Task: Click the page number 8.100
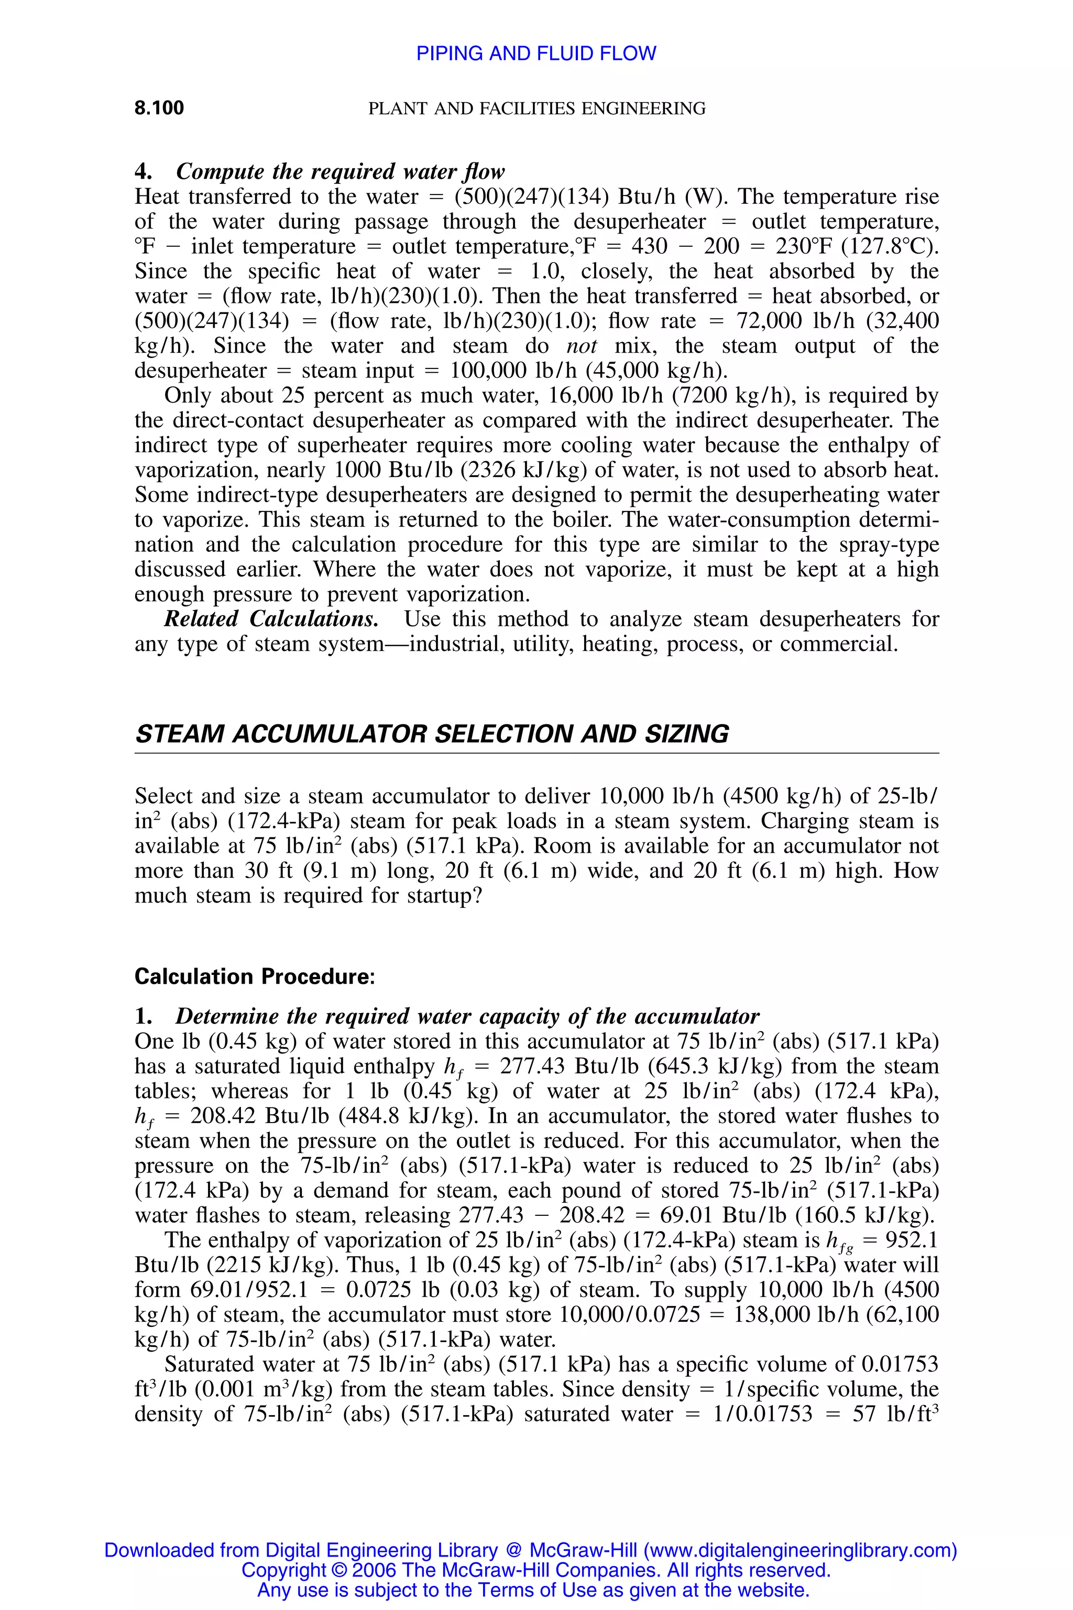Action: [x=159, y=107]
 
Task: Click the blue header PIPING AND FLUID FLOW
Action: [x=536, y=53]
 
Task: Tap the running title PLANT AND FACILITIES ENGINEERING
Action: [x=536, y=108]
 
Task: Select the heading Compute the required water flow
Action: [x=340, y=171]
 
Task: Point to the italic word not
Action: [x=581, y=346]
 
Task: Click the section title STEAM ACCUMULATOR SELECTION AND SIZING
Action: [x=432, y=734]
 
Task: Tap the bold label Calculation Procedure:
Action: [x=255, y=976]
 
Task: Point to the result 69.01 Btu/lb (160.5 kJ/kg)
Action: [x=796, y=1215]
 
